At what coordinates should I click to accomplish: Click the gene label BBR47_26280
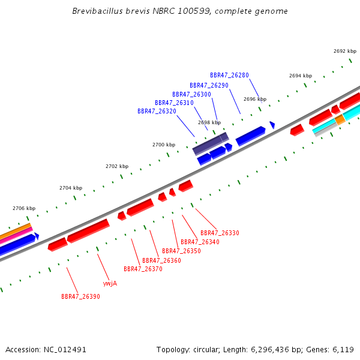(x=229, y=76)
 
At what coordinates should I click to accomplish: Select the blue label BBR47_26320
(x=157, y=112)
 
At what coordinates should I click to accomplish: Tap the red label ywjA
(x=110, y=284)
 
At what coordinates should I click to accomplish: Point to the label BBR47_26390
(x=80, y=296)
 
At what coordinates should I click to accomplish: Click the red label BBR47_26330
(x=220, y=233)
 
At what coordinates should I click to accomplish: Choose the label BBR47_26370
(x=143, y=269)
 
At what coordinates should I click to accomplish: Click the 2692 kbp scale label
(x=345, y=51)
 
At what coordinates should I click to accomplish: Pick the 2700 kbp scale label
(x=164, y=145)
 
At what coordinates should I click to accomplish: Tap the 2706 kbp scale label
(x=24, y=208)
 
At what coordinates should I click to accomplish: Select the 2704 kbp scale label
(x=71, y=188)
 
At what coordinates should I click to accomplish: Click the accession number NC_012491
(x=65, y=350)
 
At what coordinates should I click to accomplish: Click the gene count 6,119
(x=343, y=350)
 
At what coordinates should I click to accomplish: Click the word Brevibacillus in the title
(x=98, y=11)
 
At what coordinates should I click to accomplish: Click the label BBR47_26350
(x=181, y=251)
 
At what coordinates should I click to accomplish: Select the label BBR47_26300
(x=191, y=95)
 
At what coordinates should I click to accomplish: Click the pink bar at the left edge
(x=16, y=235)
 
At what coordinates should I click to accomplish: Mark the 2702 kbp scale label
(x=117, y=166)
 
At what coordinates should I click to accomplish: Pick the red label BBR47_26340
(x=200, y=242)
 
